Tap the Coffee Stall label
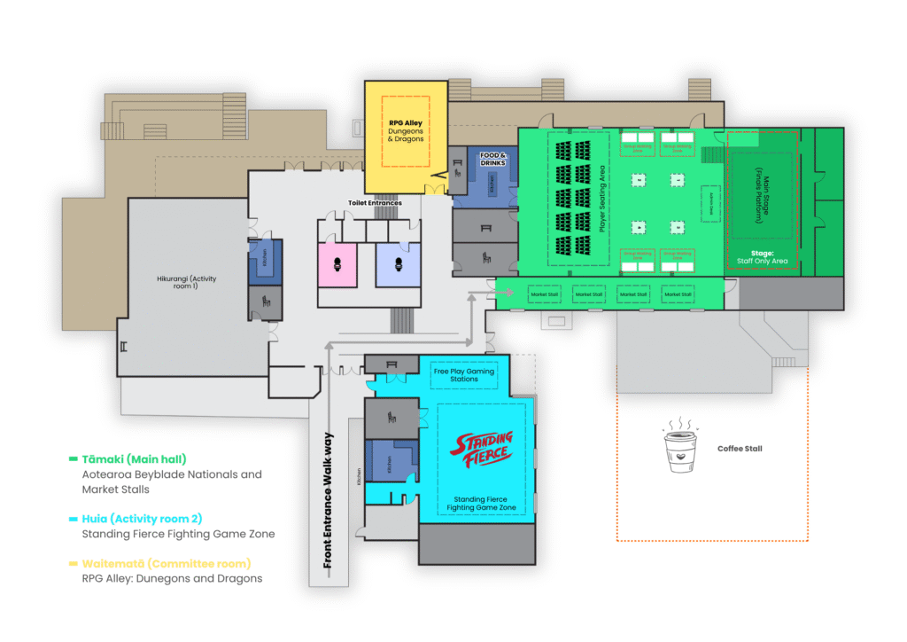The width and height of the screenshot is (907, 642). [x=740, y=449]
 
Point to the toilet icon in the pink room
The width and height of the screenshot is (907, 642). [x=338, y=263]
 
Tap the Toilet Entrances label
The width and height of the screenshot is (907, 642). [x=375, y=203]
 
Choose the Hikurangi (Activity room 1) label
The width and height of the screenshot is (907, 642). [x=187, y=283]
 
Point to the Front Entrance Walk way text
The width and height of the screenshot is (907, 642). [x=328, y=500]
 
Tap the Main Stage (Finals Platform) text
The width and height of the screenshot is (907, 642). [x=763, y=196]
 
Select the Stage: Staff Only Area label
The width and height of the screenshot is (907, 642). [x=763, y=257]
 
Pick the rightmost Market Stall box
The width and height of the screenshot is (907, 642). [x=678, y=293]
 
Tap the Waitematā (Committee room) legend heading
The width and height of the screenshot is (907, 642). [x=167, y=563]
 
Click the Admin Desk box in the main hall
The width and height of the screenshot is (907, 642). [x=711, y=205]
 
